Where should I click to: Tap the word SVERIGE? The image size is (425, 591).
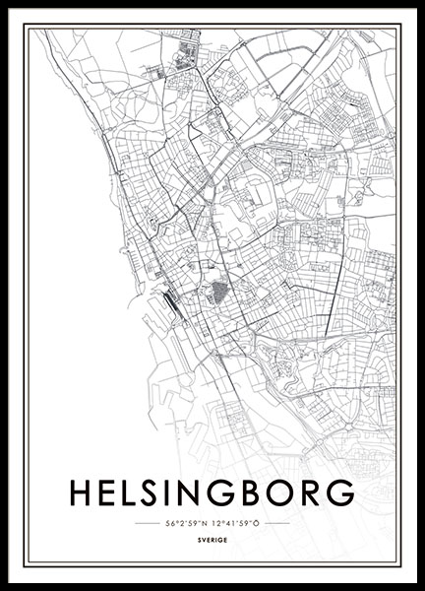click(212, 541)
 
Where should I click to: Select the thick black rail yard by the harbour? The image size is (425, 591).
click(168, 300)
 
